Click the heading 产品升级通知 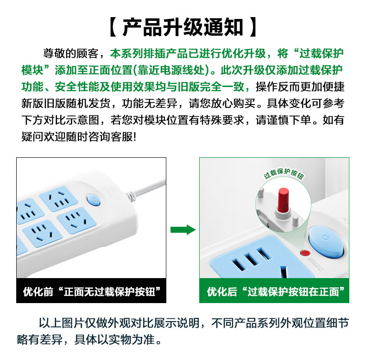click(x=183, y=27)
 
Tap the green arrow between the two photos click(x=183, y=230)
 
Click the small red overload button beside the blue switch click(x=305, y=253)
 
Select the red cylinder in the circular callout click(x=284, y=200)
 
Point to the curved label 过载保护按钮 click(x=284, y=174)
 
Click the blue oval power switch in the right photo click(x=326, y=242)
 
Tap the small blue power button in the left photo click(x=93, y=200)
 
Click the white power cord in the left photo click(x=146, y=189)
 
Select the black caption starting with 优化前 click(x=91, y=292)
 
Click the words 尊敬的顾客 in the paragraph click(x=70, y=53)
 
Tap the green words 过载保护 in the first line click(x=322, y=53)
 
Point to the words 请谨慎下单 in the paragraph click(x=283, y=120)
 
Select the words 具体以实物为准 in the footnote click(x=115, y=340)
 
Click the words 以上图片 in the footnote click(x=62, y=323)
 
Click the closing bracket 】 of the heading click(x=253, y=27)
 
